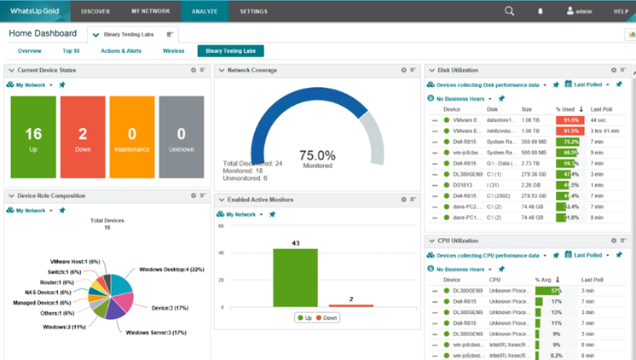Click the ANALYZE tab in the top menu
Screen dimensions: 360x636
coord(204,11)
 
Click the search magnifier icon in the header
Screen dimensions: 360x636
coord(509,11)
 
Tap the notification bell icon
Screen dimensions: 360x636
coord(541,11)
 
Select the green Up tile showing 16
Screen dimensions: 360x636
coord(33,136)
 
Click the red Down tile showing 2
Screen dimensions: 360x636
coord(83,136)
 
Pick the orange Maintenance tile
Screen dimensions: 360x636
coord(131,136)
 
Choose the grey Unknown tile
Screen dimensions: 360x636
coord(181,136)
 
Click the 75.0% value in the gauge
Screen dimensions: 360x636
coord(317,155)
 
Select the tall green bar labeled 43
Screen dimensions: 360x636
coord(295,277)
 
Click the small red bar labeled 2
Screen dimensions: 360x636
coord(350,305)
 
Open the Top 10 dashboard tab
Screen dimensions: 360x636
coord(72,51)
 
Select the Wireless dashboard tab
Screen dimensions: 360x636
coord(173,51)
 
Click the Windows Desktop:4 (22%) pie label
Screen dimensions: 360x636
coord(170,269)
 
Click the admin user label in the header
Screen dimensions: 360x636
coord(582,11)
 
